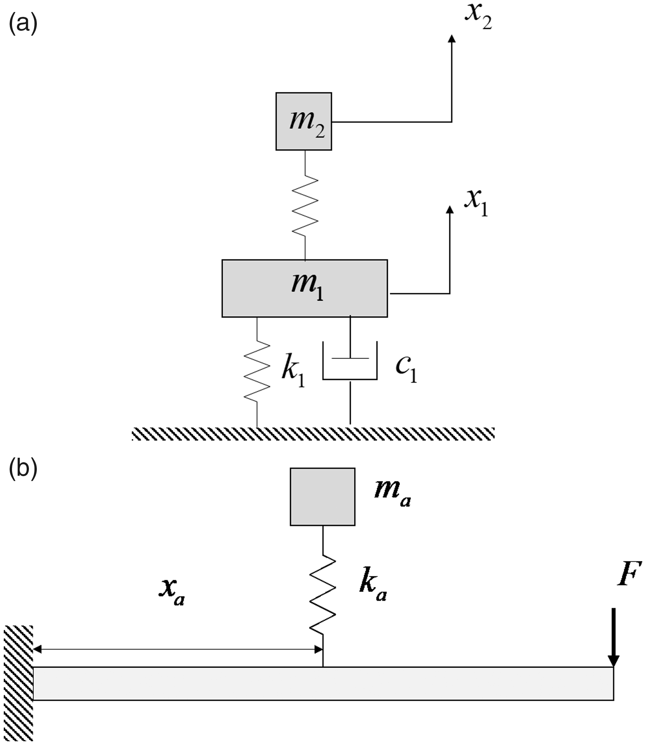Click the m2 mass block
[x=303, y=121]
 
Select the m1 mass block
[x=305, y=288]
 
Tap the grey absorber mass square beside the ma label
[x=322, y=496]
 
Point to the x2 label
[x=478, y=18]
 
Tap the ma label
[x=392, y=495]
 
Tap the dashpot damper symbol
[x=350, y=370]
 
